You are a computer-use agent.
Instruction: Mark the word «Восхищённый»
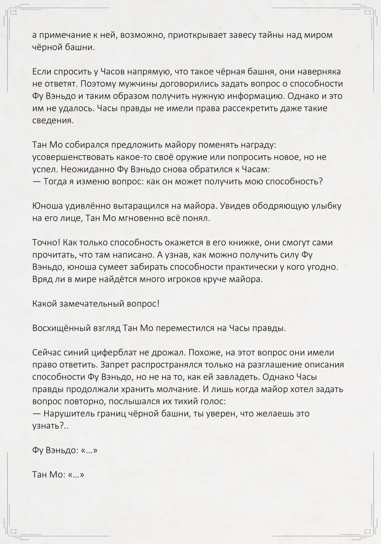(61, 328)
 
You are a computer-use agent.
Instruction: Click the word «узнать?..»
(50, 426)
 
